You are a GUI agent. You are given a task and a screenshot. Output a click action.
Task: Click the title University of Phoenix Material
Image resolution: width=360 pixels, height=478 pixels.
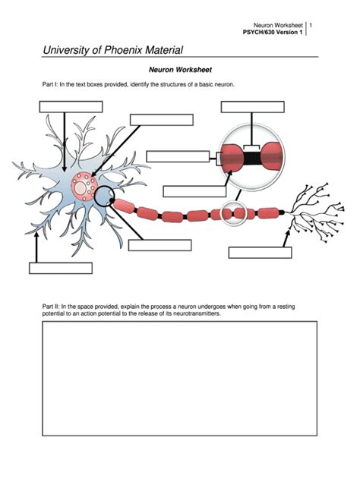(x=112, y=51)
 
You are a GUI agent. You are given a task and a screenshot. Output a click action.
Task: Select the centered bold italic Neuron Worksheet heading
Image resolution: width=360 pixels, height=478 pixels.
(x=179, y=69)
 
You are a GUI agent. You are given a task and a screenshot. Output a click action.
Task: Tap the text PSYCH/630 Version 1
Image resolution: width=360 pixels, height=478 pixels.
(x=271, y=33)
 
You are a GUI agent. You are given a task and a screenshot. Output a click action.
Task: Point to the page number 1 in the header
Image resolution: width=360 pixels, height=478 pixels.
(x=311, y=26)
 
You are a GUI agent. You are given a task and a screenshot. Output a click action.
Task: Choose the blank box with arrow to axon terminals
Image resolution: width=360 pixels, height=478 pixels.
(x=260, y=253)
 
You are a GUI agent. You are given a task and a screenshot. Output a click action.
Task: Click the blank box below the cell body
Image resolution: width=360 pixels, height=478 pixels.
(x=60, y=267)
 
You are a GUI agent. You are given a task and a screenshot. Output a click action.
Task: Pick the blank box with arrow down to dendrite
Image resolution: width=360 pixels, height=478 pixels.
(x=70, y=106)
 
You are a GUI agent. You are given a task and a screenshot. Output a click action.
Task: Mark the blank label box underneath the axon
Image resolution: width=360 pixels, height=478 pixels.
(x=159, y=244)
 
